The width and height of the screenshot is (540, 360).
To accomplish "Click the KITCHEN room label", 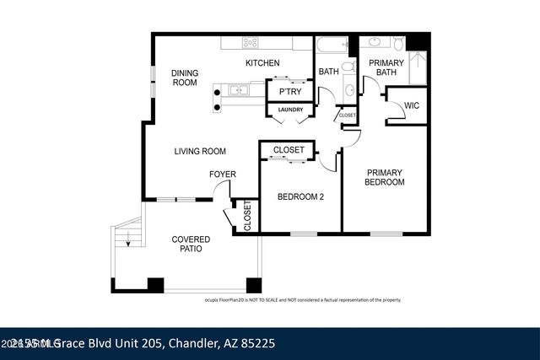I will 262,63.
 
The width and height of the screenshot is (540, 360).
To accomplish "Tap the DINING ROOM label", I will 184,78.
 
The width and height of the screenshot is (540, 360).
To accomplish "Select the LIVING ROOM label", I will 200,152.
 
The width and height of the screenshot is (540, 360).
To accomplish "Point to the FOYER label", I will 223,175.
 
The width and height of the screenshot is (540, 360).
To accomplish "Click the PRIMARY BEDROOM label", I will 384,177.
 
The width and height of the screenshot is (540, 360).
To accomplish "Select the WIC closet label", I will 412,105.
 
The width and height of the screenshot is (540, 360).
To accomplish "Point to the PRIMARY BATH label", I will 386,67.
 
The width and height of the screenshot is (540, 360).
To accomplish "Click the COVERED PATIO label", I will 191,244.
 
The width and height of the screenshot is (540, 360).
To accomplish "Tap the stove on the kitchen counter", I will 250,41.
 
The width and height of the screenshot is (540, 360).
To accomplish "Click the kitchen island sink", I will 236,89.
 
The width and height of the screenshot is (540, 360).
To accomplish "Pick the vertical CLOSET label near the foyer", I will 246,216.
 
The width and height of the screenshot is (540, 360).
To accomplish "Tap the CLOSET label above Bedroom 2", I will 289,150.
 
